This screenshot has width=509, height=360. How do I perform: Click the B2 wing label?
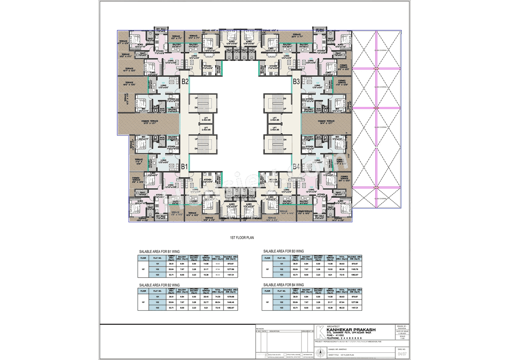pyautogui.click(x=185, y=82)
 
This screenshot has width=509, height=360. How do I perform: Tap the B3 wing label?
pyautogui.click(x=296, y=82)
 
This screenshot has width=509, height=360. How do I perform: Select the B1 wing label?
pyautogui.click(x=185, y=167)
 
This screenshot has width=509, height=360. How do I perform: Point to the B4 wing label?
pyautogui.click(x=297, y=167)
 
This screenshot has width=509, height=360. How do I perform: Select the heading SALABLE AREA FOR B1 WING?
pyautogui.click(x=159, y=252)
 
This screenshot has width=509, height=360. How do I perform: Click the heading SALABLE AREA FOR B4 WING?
pyautogui.click(x=284, y=285)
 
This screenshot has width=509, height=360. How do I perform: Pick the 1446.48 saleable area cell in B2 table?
pyautogui.click(x=231, y=302)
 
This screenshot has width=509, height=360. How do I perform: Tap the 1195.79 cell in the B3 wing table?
pyautogui.click(x=355, y=269)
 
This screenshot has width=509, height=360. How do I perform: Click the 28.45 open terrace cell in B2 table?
pyautogui.click(x=206, y=297)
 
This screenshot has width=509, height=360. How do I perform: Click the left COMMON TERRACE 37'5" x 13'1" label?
pyautogui.click(x=150, y=122)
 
